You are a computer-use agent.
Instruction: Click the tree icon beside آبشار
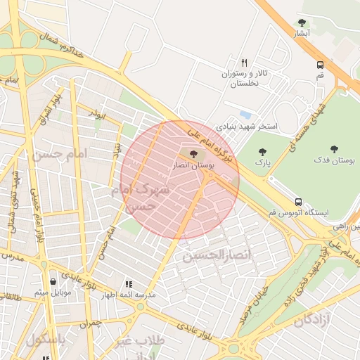(302, 22)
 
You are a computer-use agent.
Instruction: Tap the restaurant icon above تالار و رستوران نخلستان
(244, 62)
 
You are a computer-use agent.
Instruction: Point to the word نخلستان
(245, 84)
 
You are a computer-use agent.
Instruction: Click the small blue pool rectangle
(245, 114)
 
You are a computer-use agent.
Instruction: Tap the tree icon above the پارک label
(262, 151)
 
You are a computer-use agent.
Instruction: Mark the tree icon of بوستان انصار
(193, 153)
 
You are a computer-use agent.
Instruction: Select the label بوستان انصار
(193, 165)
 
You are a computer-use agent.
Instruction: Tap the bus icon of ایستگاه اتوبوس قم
(299, 202)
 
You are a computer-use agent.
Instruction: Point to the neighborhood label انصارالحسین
(212, 255)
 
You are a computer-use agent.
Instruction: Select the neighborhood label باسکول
(46, 340)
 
